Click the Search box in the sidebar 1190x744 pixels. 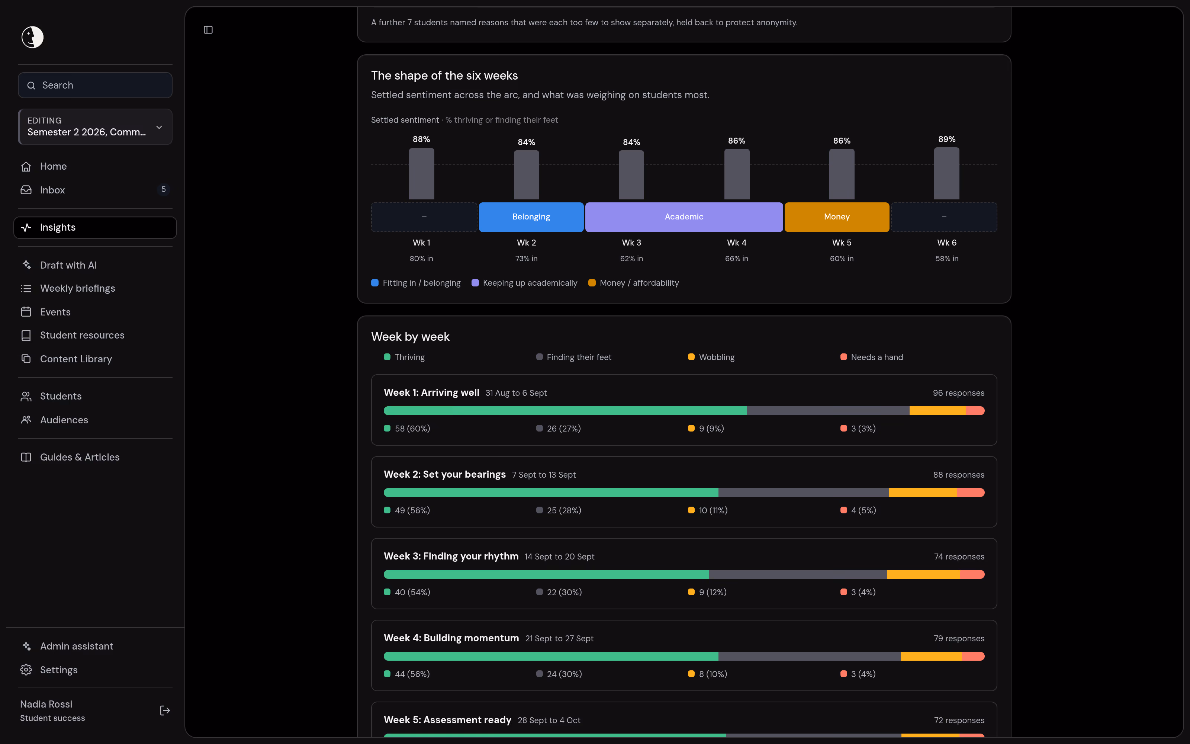pyautogui.click(x=95, y=85)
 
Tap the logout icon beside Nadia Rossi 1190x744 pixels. pyautogui.click(x=165, y=711)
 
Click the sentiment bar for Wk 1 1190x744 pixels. pyautogui.click(x=421, y=174)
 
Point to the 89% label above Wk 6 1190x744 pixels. pyautogui.click(x=946, y=139)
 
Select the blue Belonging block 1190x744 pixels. pyautogui.click(x=531, y=217)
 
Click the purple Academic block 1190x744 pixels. pyautogui.click(x=684, y=217)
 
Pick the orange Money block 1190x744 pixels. pyautogui.click(x=836, y=217)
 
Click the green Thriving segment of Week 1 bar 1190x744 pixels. pyautogui.click(x=565, y=411)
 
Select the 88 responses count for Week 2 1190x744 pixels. pyautogui.click(x=958, y=475)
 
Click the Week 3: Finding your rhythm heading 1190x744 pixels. pyautogui.click(x=451, y=556)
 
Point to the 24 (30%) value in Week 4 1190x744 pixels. pyautogui.click(x=564, y=674)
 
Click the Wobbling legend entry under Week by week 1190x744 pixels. pyautogui.click(x=711, y=357)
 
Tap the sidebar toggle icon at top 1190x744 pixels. pyautogui.click(x=208, y=30)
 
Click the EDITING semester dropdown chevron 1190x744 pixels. pyautogui.click(x=159, y=128)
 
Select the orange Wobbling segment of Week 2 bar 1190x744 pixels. pyautogui.click(x=923, y=493)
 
